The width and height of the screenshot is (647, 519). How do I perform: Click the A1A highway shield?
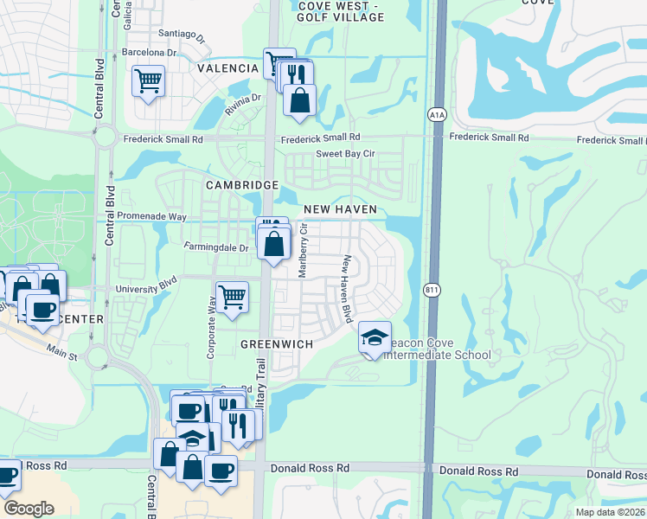[436, 114]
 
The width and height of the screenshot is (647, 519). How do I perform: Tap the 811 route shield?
[430, 289]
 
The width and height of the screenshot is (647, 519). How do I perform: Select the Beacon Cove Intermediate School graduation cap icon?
[375, 337]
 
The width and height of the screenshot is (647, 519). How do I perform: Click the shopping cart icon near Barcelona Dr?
[149, 81]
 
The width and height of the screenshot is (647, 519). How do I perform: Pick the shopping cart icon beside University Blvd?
[232, 297]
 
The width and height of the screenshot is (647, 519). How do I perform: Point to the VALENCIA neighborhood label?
[227, 68]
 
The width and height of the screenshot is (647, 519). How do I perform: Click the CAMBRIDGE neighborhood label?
[241, 185]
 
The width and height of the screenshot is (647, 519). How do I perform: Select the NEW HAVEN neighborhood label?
[340, 210]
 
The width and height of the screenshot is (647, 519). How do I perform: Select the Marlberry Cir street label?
[303, 250]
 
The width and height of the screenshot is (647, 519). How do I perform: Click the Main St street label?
[62, 351]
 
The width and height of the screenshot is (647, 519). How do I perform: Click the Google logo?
[29, 509]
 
